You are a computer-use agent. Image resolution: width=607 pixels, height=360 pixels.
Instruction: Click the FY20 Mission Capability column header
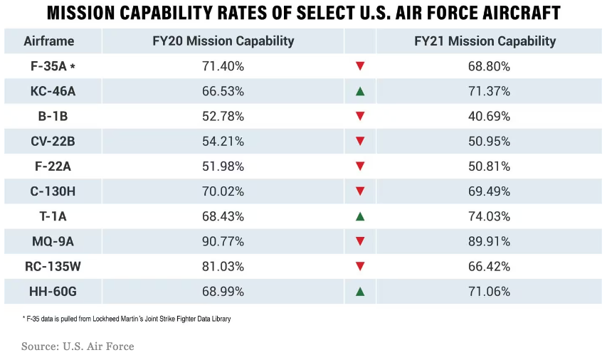click(x=223, y=41)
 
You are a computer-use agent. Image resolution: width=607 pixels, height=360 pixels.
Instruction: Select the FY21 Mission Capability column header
click(x=485, y=41)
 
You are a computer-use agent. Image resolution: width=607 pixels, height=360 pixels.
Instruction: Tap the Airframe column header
click(x=49, y=41)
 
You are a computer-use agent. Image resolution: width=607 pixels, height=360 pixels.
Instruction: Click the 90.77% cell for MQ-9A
click(x=223, y=241)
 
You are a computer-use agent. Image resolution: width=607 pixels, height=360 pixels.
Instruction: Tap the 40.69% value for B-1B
click(x=485, y=116)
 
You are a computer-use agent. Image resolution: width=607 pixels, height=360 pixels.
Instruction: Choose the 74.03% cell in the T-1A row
click(x=485, y=216)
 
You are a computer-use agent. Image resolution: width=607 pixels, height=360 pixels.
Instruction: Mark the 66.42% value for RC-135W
click(x=485, y=266)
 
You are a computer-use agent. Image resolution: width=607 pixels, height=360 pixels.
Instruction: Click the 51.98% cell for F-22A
click(x=223, y=166)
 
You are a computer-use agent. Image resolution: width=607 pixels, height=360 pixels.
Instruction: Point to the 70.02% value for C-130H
click(x=223, y=191)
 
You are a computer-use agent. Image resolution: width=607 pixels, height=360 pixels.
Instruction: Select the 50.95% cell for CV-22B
click(x=485, y=141)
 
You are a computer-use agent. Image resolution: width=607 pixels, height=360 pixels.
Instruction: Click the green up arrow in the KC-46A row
click(x=360, y=91)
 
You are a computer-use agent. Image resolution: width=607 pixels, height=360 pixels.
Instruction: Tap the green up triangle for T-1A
click(x=360, y=216)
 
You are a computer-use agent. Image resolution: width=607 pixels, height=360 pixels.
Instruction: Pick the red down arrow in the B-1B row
click(x=360, y=116)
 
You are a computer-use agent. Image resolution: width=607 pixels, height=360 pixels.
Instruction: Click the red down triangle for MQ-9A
click(x=360, y=241)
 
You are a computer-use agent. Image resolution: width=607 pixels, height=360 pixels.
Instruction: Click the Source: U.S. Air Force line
click(x=78, y=346)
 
